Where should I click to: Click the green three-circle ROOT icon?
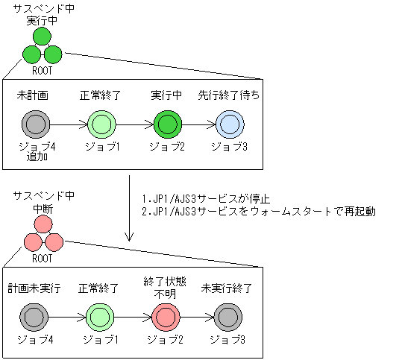(43, 48)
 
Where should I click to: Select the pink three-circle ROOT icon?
(43, 236)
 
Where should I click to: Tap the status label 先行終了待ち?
(229, 96)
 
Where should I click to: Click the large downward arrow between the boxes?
(130, 209)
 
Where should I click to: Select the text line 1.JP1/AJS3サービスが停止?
(205, 199)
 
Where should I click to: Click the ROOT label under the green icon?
(43, 72)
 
